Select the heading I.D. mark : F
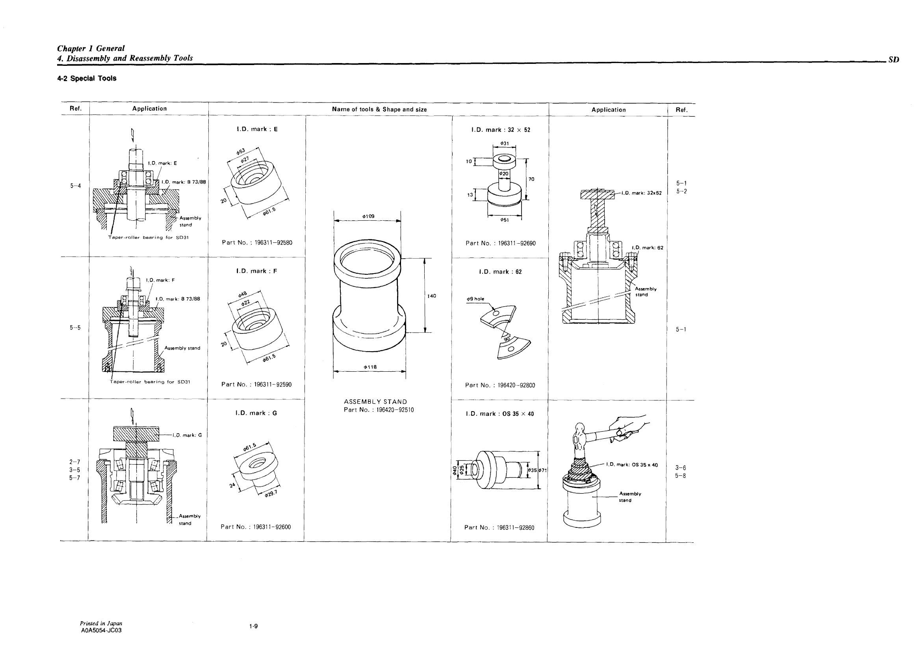click(x=257, y=271)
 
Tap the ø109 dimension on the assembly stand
click(x=368, y=216)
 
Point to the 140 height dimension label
click(x=432, y=296)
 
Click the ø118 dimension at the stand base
click(x=370, y=367)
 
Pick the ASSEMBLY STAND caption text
click(x=375, y=402)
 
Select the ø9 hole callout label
click(x=475, y=299)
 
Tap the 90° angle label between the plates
click(x=507, y=339)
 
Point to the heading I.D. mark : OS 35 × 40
click(x=499, y=414)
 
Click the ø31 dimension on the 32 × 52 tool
click(x=504, y=143)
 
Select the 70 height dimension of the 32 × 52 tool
click(x=531, y=179)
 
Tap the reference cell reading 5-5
click(x=75, y=328)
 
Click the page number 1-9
click(x=253, y=626)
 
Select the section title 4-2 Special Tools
click(x=87, y=78)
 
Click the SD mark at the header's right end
click(x=893, y=60)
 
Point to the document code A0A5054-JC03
click(x=101, y=630)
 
